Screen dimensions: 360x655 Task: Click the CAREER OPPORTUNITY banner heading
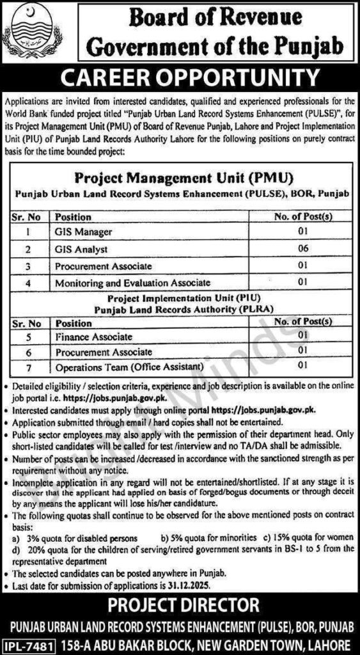click(180, 79)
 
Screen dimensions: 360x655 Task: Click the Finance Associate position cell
click(94, 336)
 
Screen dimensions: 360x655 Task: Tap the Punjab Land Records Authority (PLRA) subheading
click(179, 310)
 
